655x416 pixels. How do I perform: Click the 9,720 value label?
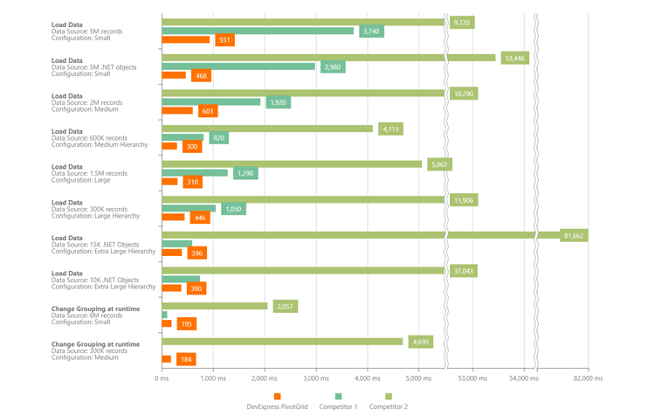tap(462, 23)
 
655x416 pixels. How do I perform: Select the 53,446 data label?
tap(514, 59)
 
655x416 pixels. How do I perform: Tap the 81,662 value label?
tap(574, 236)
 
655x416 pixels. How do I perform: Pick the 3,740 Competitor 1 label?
tap(371, 31)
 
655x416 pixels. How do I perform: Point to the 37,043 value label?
tap(464, 271)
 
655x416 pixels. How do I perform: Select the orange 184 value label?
tap(185, 359)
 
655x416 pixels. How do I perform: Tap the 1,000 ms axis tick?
tap(212, 378)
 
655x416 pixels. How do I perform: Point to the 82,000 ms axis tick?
tap(588, 378)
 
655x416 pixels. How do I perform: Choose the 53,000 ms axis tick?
tap(472, 378)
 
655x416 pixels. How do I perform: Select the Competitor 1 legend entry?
tap(337, 406)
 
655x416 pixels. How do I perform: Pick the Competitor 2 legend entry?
tap(388, 406)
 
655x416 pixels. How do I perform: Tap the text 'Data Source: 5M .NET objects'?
tap(93, 67)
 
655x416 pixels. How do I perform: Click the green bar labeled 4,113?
tap(267, 129)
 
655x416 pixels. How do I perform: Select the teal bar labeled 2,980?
tap(238, 66)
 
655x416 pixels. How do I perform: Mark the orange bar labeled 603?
tap(177, 111)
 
